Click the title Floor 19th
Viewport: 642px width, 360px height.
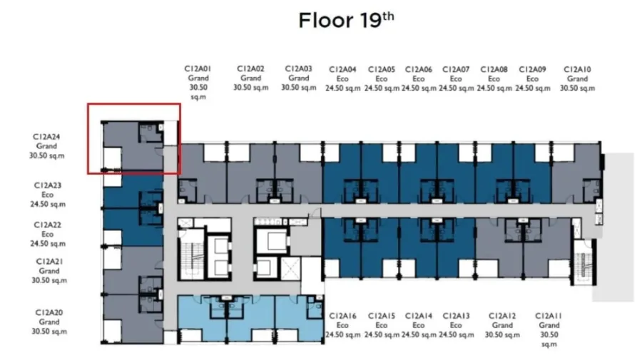click(346, 20)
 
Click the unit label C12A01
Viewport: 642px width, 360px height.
click(198, 68)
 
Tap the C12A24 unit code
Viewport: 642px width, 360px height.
click(46, 137)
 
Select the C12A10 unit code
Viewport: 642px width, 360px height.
click(577, 70)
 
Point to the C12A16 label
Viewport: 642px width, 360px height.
click(342, 316)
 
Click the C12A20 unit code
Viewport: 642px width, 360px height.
click(49, 312)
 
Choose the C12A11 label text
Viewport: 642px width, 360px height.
click(549, 316)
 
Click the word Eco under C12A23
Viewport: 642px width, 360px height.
click(48, 195)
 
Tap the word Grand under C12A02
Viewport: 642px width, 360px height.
click(250, 78)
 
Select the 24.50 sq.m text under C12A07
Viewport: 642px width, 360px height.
click(456, 88)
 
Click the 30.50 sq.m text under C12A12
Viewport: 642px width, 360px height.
click(502, 334)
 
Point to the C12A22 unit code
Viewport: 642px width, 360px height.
click(48, 225)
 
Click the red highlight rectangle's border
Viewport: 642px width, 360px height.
click(134, 104)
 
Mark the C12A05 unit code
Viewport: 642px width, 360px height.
click(382, 70)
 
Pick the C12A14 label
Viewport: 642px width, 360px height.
click(419, 316)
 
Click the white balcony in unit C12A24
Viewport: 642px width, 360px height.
click(112, 158)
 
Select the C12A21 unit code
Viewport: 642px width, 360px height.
click(49, 262)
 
